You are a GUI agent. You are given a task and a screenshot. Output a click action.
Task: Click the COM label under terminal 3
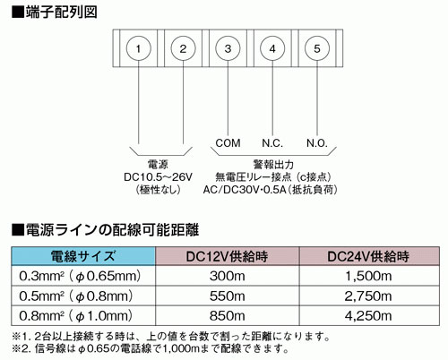pyautogui.click(x=228, y=143)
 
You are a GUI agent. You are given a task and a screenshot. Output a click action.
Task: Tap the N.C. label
pyautogui.click(x=272, y=143)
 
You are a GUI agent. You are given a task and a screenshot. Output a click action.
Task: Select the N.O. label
pyautogui.click(x=317, y=143)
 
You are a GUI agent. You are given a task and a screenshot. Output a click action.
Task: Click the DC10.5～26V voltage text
pyautogui.click(x=159, y=177)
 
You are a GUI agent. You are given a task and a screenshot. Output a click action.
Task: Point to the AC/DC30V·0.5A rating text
pyautogui.click(x=245, y=190)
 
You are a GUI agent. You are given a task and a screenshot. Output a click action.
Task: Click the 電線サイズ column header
pyautogui.click(x=83, y=256)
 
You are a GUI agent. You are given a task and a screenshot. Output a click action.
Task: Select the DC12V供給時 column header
pyautogui.click(x=227, y=256)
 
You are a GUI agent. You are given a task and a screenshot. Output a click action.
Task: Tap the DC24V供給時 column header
pyautogui.click(x=368, y=256)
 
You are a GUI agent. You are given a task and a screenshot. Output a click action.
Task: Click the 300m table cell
pyautogui.click(x=227, y=276)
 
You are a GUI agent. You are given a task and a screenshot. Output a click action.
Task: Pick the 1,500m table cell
pyautogui.click(x=368, y=277)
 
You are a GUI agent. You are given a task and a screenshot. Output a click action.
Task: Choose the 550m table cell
pyautogui.click(x=227, y=296)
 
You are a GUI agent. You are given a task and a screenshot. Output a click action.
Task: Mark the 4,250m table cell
pyautogui.click(x=368, y=316)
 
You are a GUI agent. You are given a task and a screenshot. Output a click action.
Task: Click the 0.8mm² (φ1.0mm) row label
pyautogui.click(x=76, y=316)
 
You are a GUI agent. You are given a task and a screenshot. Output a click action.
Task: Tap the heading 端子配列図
pyautogui.click(x=61, y=13)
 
